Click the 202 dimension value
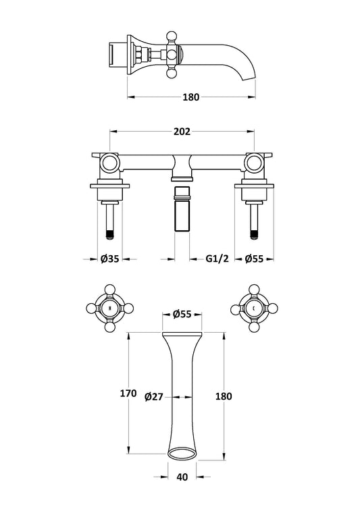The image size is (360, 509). point(182,132)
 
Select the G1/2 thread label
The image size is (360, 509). point(217,259)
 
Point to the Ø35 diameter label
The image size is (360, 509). point(109,259)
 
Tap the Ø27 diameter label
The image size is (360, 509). point(154,396)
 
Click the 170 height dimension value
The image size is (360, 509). point(128,394)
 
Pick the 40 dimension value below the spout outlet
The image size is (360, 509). point(182,477)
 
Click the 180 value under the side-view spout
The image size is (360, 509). point(190,97)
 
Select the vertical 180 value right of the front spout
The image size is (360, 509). point(224,396)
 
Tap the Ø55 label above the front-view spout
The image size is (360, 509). point(182,314)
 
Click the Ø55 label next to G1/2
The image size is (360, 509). point(254,259)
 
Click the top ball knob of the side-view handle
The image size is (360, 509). point(172,35)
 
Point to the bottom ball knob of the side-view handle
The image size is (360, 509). point(172,74)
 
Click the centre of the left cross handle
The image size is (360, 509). point(110,308)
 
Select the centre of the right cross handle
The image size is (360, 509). point(254,308)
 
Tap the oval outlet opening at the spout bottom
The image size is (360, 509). point(182,454)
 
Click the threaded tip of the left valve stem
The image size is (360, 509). point(110,234)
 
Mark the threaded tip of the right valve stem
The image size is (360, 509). point(254,234)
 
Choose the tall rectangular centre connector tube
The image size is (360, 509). point(182,209)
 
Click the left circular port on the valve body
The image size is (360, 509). point(109,163)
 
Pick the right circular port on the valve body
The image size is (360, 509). point(254,163)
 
